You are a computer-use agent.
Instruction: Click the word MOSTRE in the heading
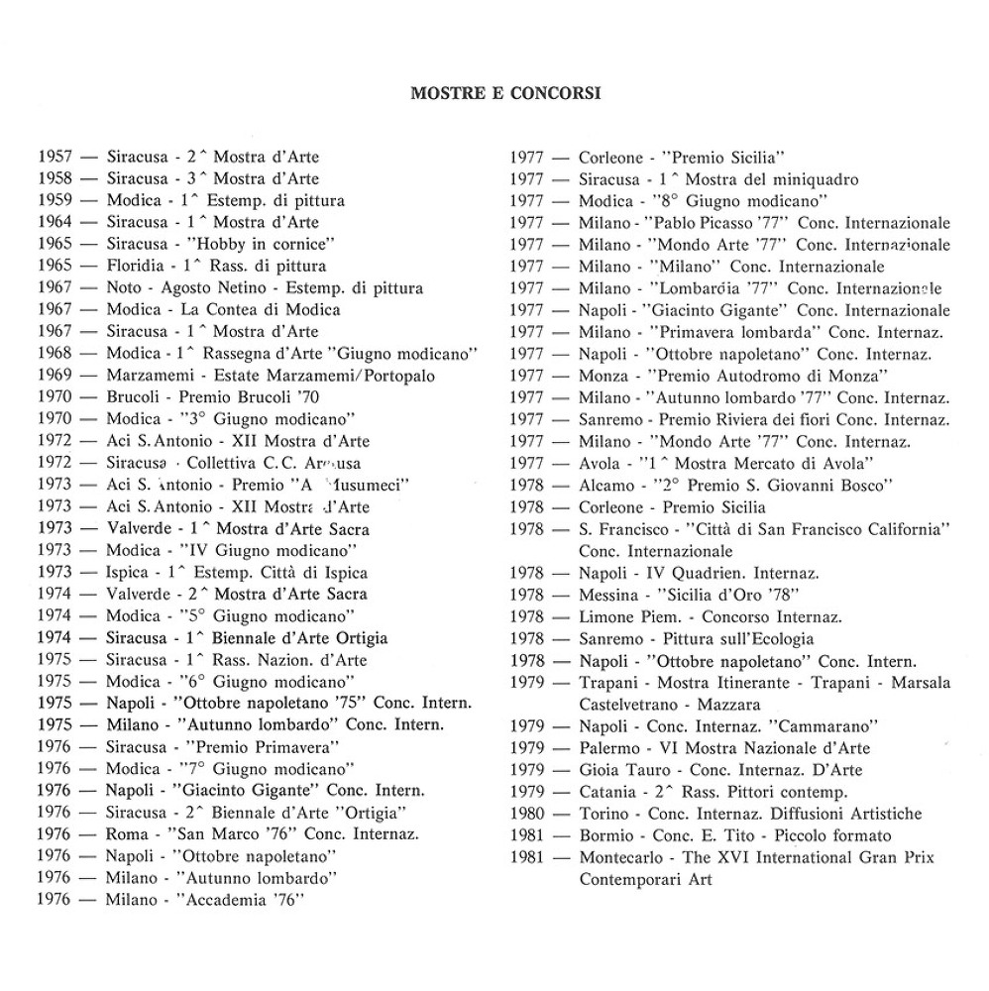click(x=442, y=94)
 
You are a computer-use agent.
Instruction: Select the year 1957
click(x=55, y=157)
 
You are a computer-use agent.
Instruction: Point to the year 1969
click(x=55, y=376)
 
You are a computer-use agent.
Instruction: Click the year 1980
click(x=526, y=814)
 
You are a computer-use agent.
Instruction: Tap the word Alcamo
click(x=606, y=485)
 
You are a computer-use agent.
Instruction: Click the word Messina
click(x=608, y=595)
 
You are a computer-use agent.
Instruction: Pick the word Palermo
click(x=608, y=747)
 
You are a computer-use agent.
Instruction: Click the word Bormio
click(x=604, y=835)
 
